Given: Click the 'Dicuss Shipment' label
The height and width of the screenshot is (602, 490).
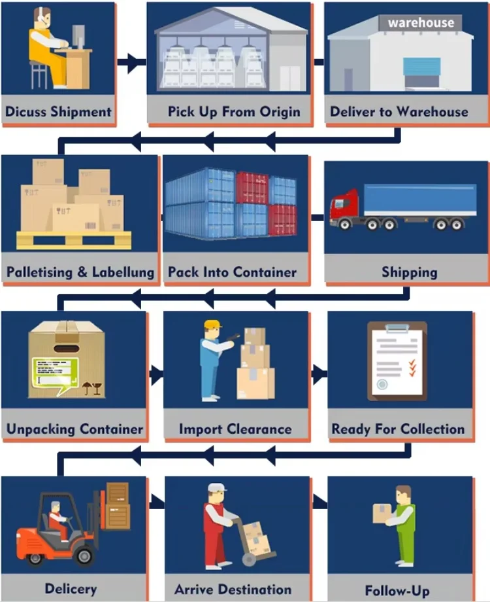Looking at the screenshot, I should pyautogui.click(x=58, y=111).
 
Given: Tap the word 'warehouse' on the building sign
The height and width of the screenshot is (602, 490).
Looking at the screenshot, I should pyautogui.click(x=421, y=22).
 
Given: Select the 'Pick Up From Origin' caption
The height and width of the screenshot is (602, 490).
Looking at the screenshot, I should pyautogui.click(x=234, y=111).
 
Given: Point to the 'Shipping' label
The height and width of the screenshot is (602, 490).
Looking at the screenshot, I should pyautogui.click(x=410, y=272).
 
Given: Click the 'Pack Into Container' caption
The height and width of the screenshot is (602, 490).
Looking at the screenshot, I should pyautogui.click(x=232, y=272).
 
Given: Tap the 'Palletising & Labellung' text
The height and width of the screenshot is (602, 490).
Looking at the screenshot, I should pyautogui.click(x=80, y=272).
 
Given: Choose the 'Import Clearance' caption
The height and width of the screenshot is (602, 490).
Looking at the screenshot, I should pyautogui.click(x=235, y=429).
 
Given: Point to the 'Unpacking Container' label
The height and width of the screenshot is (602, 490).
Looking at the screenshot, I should pyautogui.click(x=74, y=429).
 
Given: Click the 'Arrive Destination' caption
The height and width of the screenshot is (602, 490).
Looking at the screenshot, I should pyautogui.click(x=233, y=590).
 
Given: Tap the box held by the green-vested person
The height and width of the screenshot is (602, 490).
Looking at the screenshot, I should pyautogui.click(x=382, y=512).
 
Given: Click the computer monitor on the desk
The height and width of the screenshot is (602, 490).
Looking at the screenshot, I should pyautogui.click(x=78, y=38).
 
